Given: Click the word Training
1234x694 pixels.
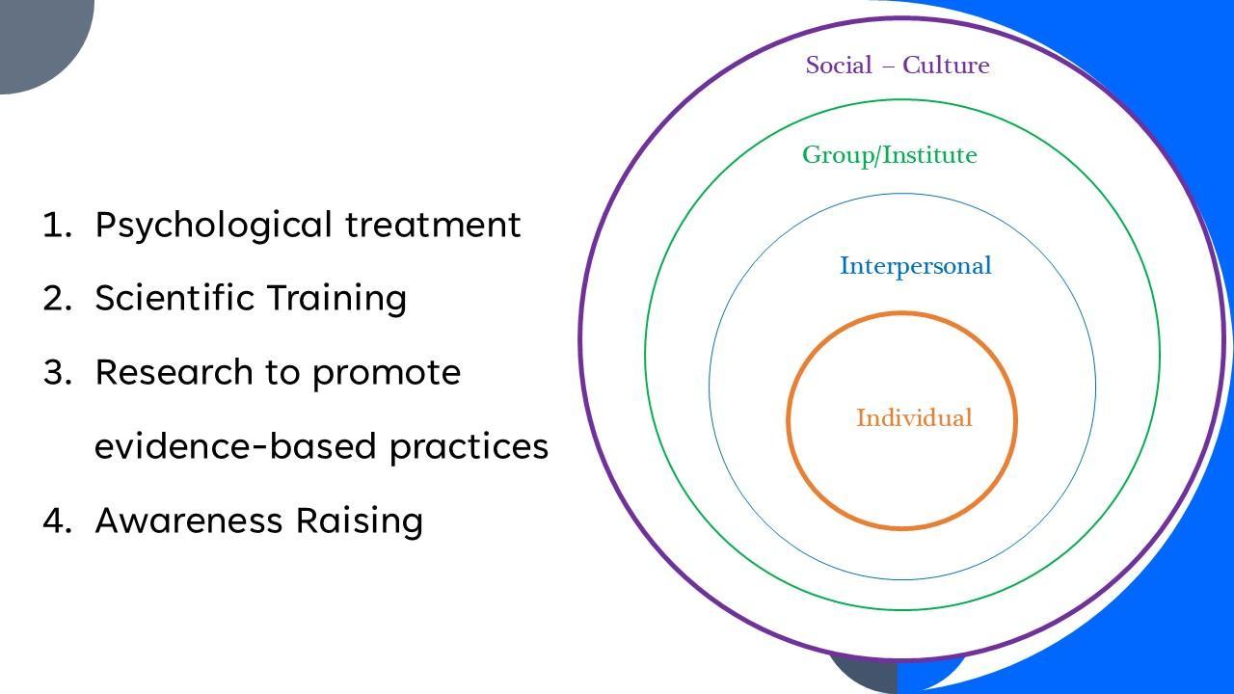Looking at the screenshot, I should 336,299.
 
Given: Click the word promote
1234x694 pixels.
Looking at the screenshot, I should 387,373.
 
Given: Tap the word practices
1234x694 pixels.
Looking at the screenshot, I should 469,446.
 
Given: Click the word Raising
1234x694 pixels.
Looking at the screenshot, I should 359,521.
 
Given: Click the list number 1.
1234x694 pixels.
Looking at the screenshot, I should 57,226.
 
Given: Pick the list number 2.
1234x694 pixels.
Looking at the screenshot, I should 57,299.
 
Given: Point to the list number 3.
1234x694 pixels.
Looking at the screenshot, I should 57,373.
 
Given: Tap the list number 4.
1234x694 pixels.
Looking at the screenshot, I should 57,520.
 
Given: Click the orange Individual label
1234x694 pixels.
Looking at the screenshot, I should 914,418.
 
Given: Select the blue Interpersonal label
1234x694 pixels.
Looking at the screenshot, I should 915,266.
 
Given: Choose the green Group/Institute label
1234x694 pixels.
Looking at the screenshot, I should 889,155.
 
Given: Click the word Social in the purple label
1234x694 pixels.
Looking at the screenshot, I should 839,66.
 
